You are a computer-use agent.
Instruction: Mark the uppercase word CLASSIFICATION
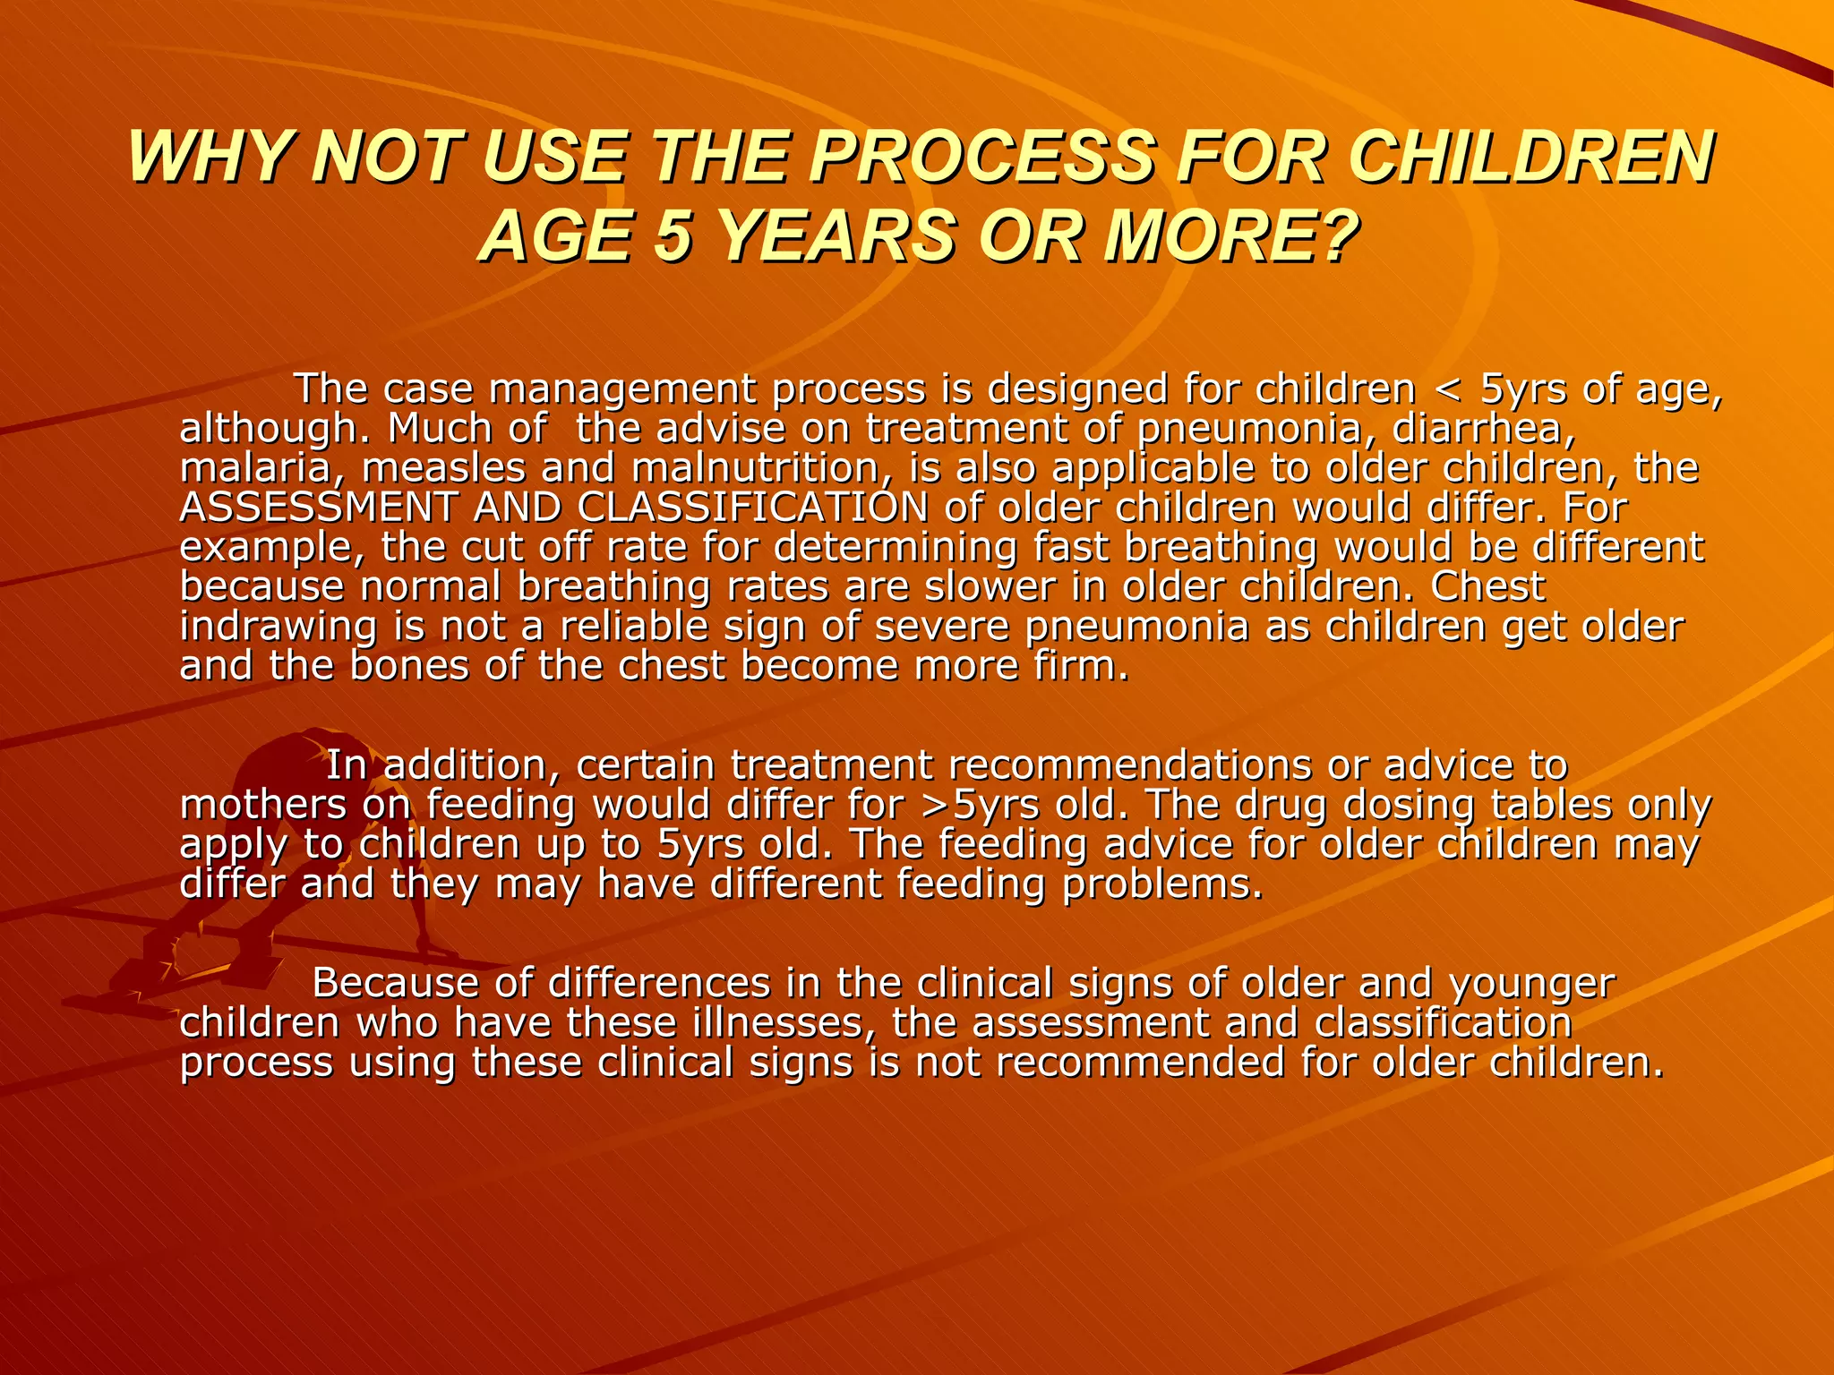[x=753, y=508]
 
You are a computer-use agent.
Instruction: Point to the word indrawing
[x=278, y=627]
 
